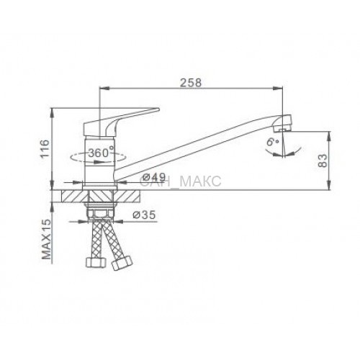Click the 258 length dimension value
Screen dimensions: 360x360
pyautogui.click(x=191, y=83)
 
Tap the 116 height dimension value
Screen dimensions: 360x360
pyautogui.click(x=45, y=148)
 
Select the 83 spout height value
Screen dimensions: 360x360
pyautogui.click(x=323, y=161)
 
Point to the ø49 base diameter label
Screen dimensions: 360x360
pyautogui.click(x=154, y=178)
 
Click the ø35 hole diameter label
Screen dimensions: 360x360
pyautogui.click(x=145, y=215)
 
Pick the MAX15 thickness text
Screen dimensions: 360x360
pyautogui.click(x=47, y=239)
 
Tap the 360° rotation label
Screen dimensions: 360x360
pyautogui.click(x=101, y=153)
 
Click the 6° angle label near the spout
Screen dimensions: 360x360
pyautogui.click(x=272, y=142)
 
